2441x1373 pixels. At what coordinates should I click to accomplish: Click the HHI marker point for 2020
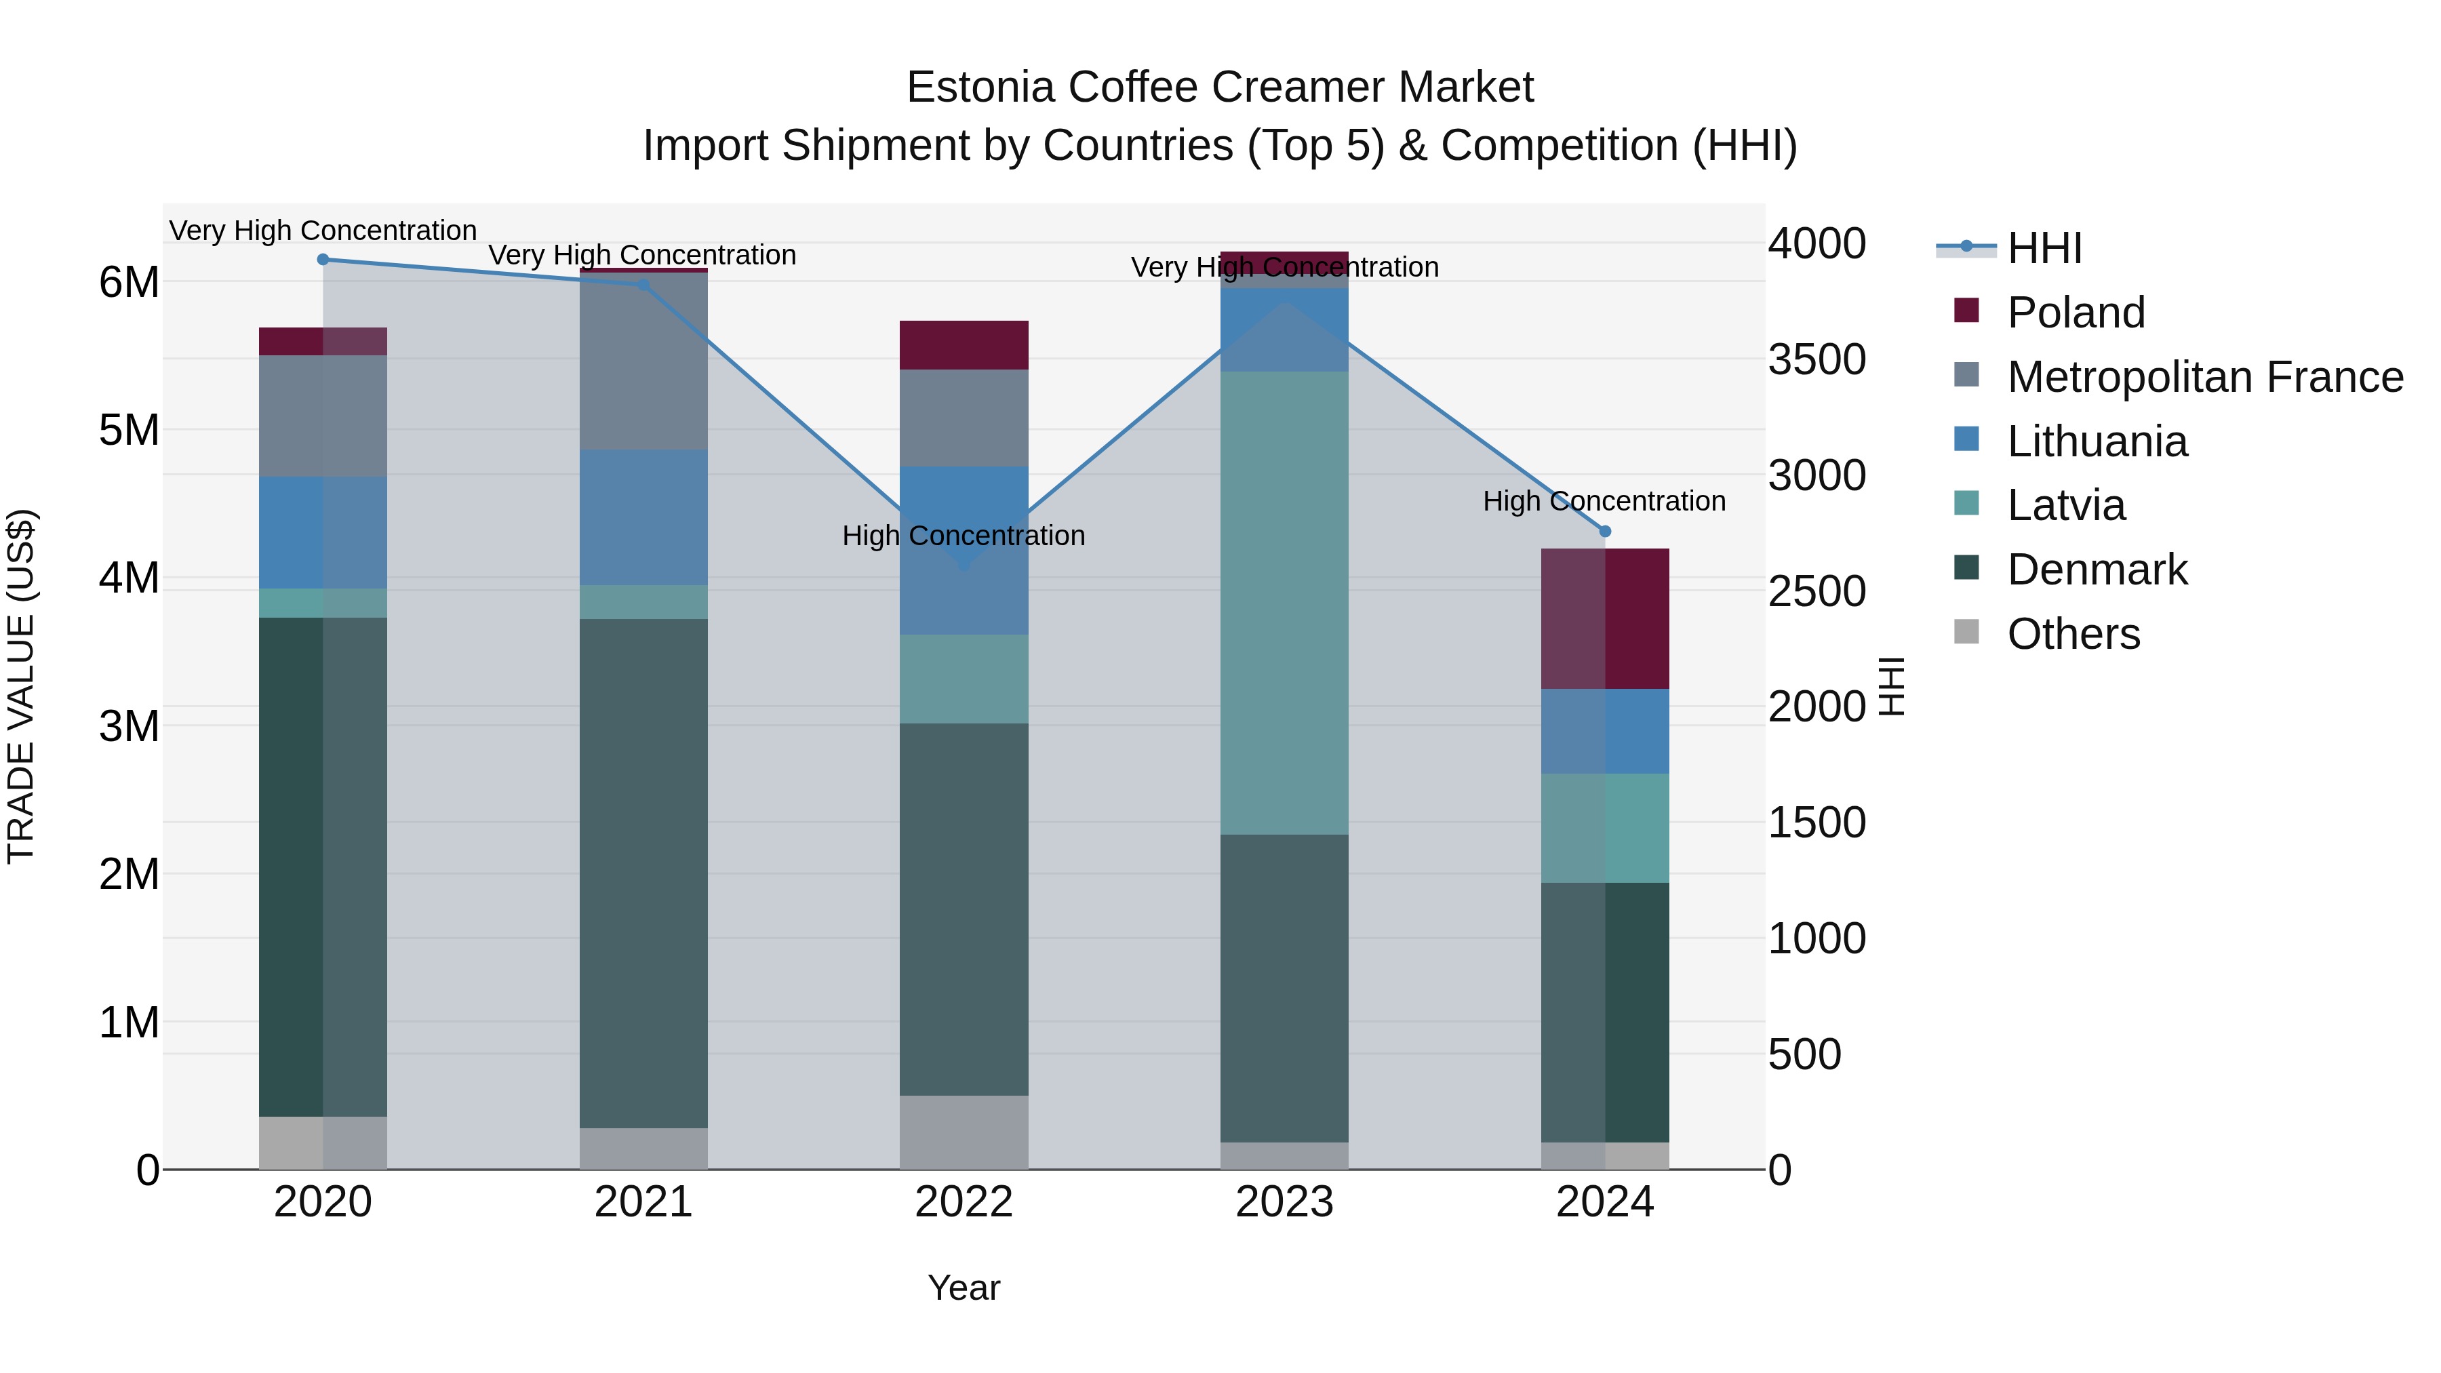pyautogui.click(x=323, y=259)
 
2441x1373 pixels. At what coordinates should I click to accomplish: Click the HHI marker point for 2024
pyautogui.click(x=1605, y=532)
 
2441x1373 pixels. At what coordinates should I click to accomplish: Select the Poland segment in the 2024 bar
pyautogui.click(x=1605, y=619)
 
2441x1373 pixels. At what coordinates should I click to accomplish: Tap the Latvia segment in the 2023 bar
pyautogui.click(x=1284, y=603)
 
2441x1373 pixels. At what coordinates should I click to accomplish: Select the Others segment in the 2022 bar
pyautogui.click(x=964, y=1132)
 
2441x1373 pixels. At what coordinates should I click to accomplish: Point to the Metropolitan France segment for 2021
pyautogui.click(x=643, y=361)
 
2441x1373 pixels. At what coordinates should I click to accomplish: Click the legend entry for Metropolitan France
pyautogui.click(x=2204, y=377)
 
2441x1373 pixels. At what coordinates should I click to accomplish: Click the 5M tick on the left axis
pyautogui.click(x=129, y=430)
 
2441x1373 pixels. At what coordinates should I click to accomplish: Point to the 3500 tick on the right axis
pyautogui.click(x=1817, y=360)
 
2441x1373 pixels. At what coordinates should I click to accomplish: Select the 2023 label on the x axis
pyautogui.click(x=1284, y=1202)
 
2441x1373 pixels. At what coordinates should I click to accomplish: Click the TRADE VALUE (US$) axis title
pyautogui.click(x=22, y=686)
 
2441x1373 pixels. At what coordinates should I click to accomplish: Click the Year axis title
pyautogui.click(x=964, y=1288)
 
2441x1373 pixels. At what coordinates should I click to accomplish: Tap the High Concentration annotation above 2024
pyautogui.click(x=1604, y=501)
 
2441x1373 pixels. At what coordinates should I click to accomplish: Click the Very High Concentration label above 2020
pyautogui.click(x=323, y=231)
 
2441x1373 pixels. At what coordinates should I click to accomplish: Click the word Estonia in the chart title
pyautogui.click(x=980, y=87)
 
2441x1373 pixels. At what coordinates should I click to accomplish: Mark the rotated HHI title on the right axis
pyautogui.click(x=1890, y=686)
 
